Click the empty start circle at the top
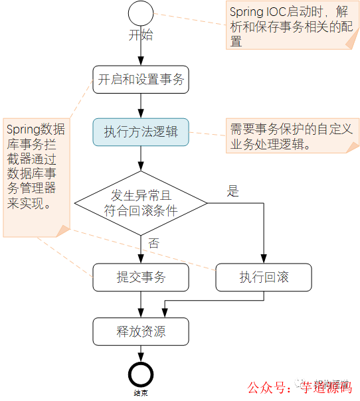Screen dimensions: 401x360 [141, 13]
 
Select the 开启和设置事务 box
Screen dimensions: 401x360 [141, 80]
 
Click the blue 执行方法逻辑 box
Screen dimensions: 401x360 [141, 131]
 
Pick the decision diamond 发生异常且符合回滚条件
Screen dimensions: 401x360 [141, 202]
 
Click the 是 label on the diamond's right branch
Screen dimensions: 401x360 [232, 193]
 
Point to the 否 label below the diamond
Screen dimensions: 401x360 [154, 244]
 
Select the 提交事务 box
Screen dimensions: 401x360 [141, 278]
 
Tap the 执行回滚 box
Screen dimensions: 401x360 [264, 278]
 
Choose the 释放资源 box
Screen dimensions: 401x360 [141, 331]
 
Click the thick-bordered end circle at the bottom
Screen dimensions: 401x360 [141, 374]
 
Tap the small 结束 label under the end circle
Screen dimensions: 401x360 [141, 394]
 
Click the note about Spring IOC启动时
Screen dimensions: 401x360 [290, 27]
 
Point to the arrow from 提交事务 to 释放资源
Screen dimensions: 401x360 [141, 304]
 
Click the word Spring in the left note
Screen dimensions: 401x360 [23, 130]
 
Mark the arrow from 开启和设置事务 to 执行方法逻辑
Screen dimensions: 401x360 [141, 106]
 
